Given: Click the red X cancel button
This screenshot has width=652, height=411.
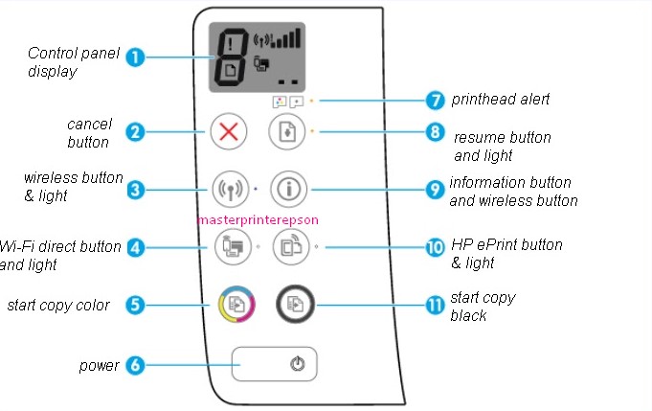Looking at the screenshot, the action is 229,131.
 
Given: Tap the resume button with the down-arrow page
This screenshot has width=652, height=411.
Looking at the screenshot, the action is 287,131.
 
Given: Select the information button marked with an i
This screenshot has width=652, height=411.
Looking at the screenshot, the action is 288,190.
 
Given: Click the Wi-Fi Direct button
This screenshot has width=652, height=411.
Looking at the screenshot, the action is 233,246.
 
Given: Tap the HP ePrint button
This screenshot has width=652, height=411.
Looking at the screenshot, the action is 291,246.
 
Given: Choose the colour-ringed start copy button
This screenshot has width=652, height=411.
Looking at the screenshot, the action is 236,304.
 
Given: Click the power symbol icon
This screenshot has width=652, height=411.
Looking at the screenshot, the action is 298,364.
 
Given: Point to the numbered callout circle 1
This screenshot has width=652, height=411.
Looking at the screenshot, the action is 135,57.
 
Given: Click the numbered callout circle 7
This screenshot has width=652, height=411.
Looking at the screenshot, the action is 435,101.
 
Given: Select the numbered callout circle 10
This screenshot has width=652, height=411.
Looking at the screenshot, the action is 435,247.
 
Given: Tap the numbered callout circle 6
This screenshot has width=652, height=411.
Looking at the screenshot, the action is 135,365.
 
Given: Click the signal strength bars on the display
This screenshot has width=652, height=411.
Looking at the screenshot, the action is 285,38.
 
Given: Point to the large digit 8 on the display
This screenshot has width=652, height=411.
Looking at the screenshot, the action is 230,57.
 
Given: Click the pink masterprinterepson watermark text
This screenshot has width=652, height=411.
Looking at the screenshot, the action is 258,219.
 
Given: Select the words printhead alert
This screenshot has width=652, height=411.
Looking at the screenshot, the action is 500,99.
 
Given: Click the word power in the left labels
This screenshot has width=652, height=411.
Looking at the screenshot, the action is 99,366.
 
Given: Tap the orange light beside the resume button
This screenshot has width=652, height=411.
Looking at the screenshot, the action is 312,131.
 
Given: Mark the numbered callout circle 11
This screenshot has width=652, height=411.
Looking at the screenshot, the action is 435,306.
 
